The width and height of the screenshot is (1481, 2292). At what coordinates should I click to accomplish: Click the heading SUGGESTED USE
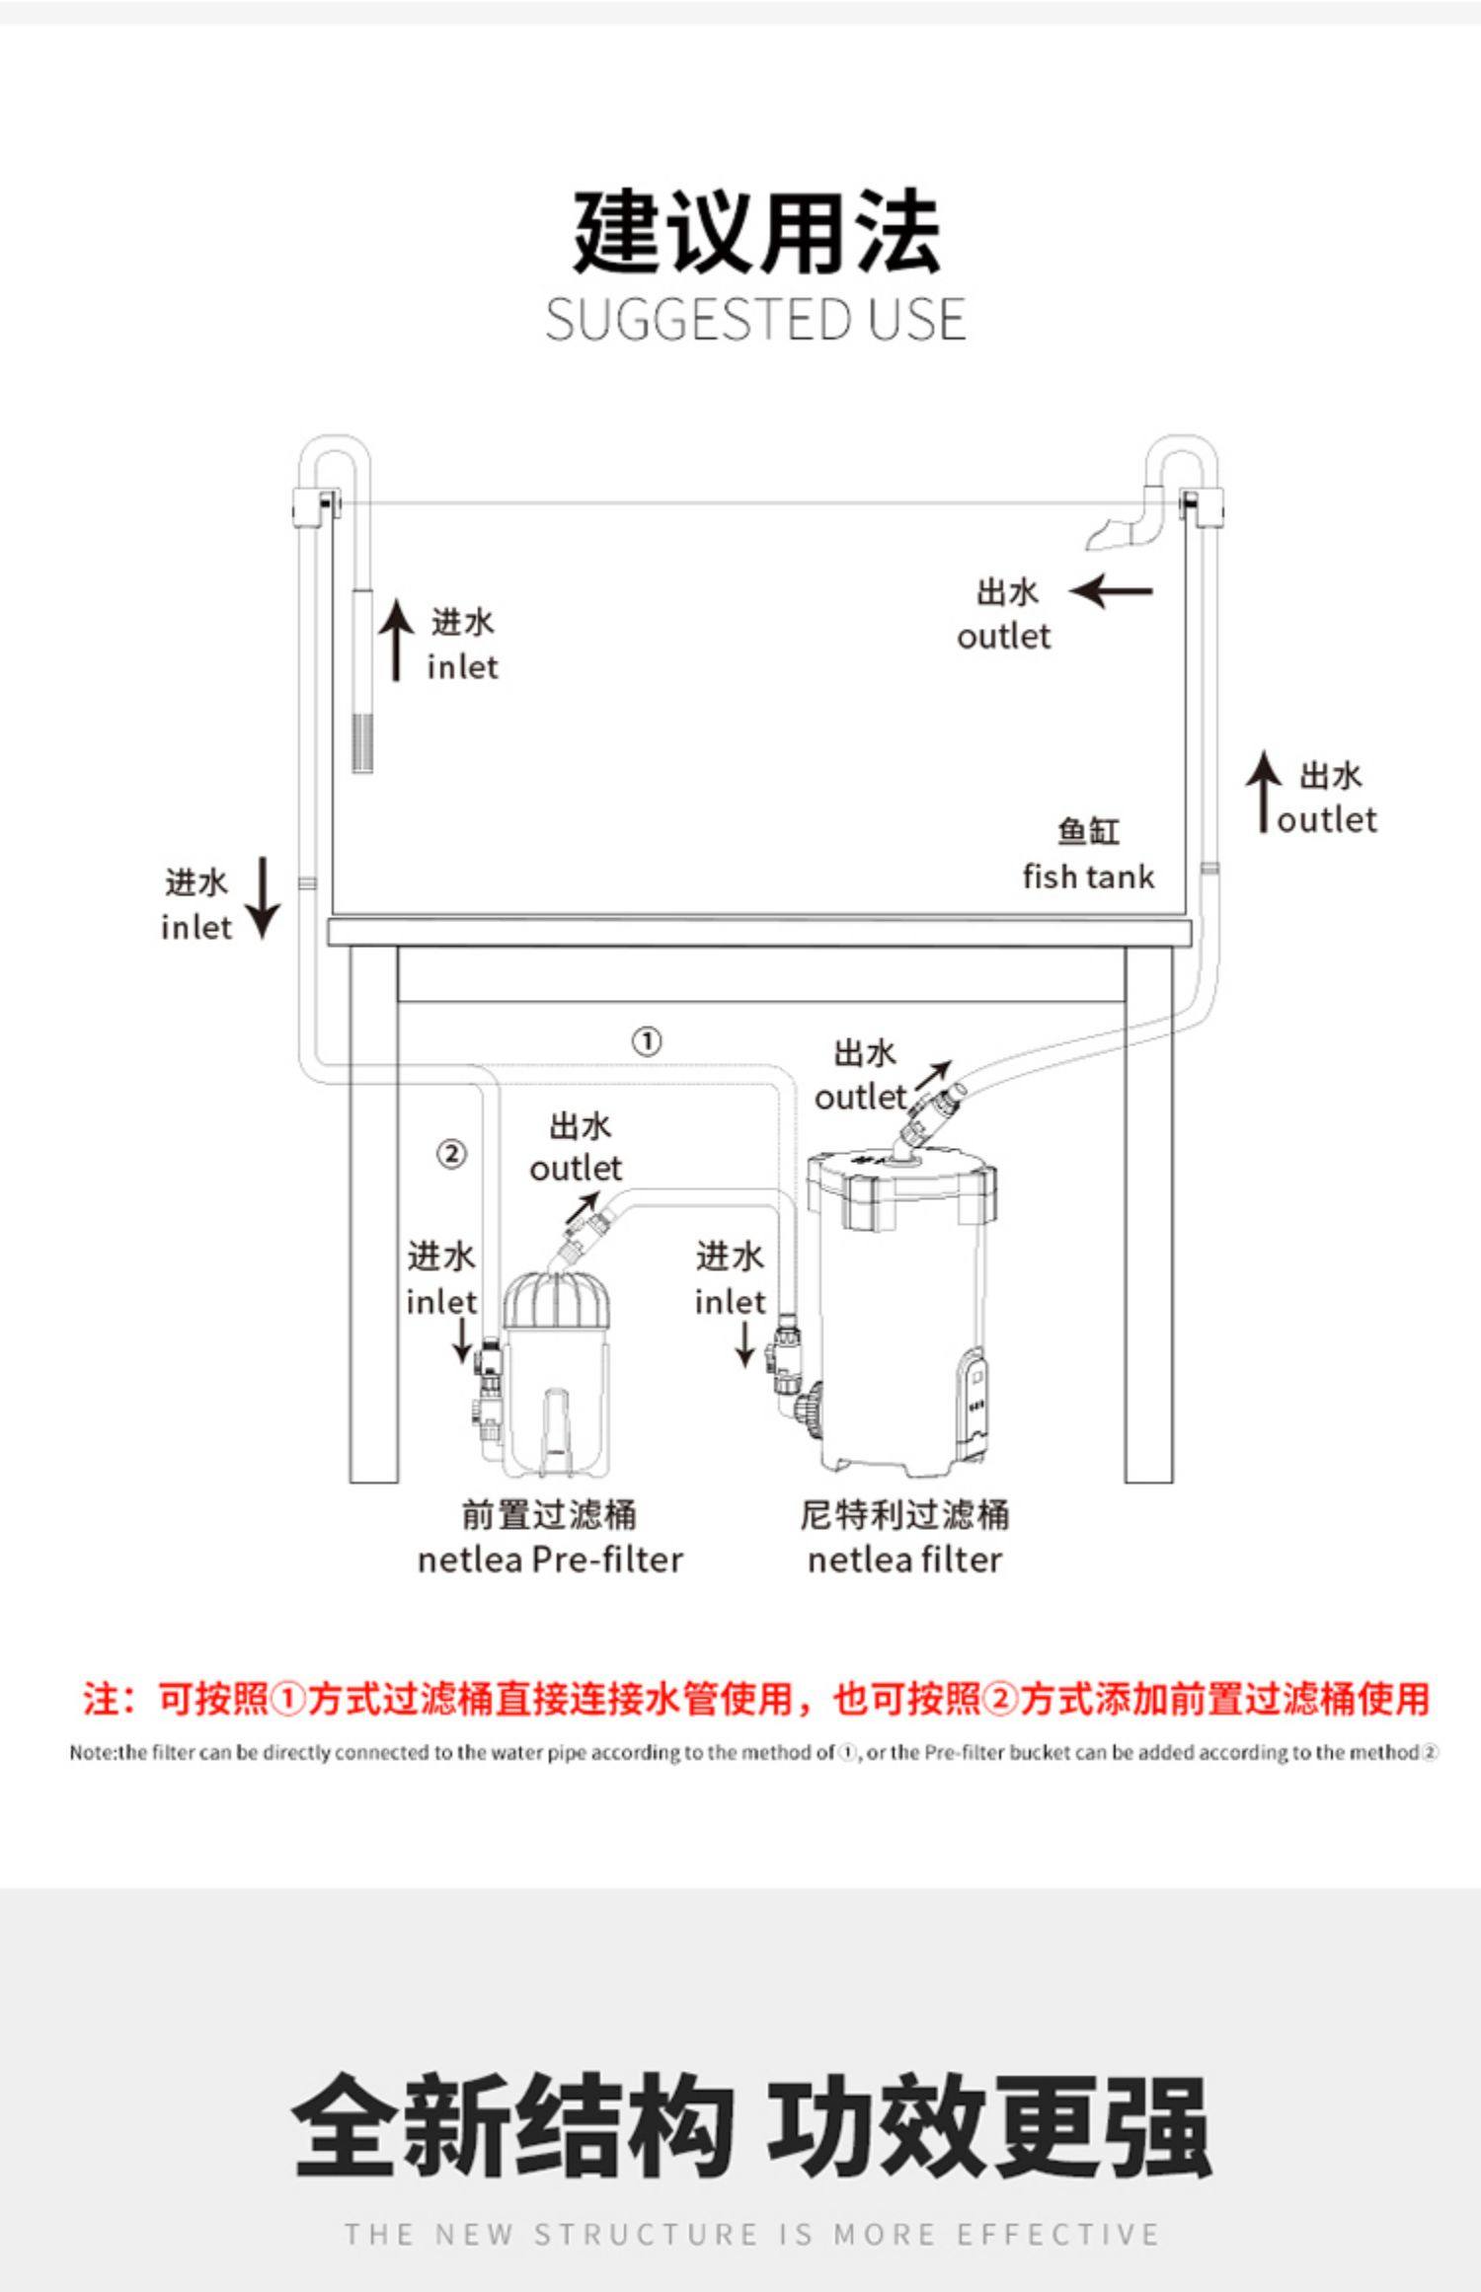point(755,320)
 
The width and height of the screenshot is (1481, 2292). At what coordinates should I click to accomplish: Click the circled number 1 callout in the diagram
point(647,1041)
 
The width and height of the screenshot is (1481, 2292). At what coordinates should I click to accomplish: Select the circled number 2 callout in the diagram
point(451,1153)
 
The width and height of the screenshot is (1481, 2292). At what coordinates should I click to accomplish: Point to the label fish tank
point(1088,877)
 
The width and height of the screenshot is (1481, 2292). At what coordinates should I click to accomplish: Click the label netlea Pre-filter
point(550,1560)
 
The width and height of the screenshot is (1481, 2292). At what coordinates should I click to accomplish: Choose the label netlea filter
point(904,1560)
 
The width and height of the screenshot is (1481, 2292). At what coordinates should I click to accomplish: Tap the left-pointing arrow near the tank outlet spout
point(1112,591)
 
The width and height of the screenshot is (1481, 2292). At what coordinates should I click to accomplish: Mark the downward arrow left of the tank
point(263,896)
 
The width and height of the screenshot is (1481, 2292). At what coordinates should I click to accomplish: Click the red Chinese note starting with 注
point(755,1699)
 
